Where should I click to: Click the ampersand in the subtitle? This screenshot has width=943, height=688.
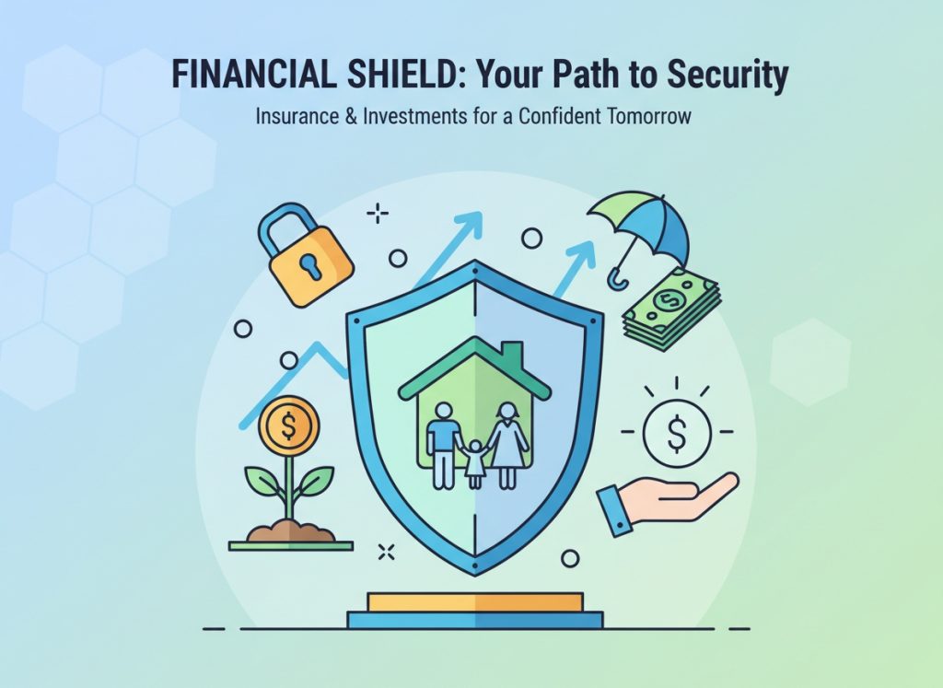point(351,115)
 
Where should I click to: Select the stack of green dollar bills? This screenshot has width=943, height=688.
point(671,309)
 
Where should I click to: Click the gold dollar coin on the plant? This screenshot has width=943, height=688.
point(288,426)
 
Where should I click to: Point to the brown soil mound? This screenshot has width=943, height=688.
point(290,531)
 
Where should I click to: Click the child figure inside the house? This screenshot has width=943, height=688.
point(475,463)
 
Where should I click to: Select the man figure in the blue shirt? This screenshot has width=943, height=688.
point(443,445)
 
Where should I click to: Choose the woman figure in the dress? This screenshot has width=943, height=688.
point(508,445)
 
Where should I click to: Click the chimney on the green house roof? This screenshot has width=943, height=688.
point(512,353)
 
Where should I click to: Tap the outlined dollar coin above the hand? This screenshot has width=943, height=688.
point(677,433)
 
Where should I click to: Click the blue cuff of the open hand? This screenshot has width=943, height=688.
point(614,510)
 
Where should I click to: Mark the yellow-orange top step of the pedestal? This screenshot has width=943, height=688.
point(475,602)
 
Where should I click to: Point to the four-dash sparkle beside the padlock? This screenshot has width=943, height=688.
point(377,213)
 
